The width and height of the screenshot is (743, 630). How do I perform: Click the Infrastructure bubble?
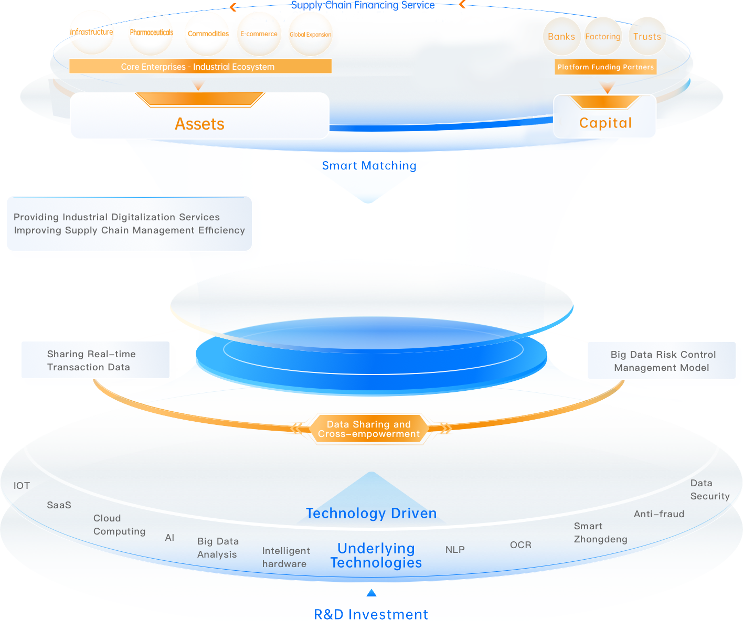pos(92,33)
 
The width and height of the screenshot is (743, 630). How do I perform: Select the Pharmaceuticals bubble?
pos(151,33)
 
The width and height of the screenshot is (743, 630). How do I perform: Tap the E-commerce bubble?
pos(259,34)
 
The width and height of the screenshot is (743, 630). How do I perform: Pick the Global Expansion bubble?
pos(310,35)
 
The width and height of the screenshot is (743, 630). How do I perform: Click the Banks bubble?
pos(561,37)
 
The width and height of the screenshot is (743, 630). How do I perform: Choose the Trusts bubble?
pos(647,37)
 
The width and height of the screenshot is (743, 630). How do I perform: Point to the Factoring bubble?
pos(603,37)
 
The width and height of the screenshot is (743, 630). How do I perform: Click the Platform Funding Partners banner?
pos(606,67)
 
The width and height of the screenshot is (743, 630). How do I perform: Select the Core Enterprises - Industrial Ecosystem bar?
pos(200,67)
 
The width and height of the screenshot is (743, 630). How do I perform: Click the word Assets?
pos(199,124)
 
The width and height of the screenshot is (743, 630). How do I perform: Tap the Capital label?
pos(605,123)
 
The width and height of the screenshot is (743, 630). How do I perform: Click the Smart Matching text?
pos(369,166)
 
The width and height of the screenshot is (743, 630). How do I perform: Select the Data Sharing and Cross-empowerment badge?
pos(369,429)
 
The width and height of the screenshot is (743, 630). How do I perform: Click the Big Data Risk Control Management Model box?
pos(662,361)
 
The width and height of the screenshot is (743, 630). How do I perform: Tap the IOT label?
pos(22,486)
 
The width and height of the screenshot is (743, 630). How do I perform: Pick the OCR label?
pos(521,545)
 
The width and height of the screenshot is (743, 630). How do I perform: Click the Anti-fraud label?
pos(659,514)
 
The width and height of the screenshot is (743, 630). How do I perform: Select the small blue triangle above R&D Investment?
pos(371,593)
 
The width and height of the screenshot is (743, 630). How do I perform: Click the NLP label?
pos(455,550)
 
